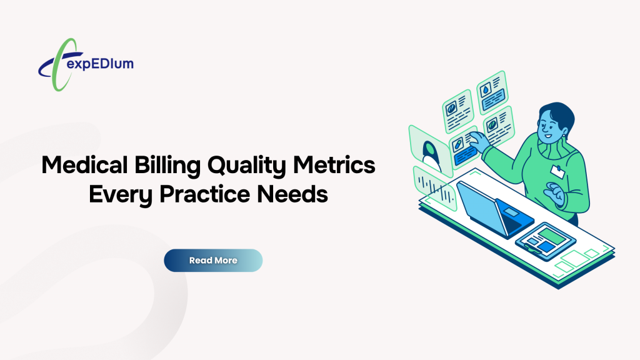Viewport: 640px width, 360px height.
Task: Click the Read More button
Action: [213, 260]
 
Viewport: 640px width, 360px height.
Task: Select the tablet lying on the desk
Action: [539, 238]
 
